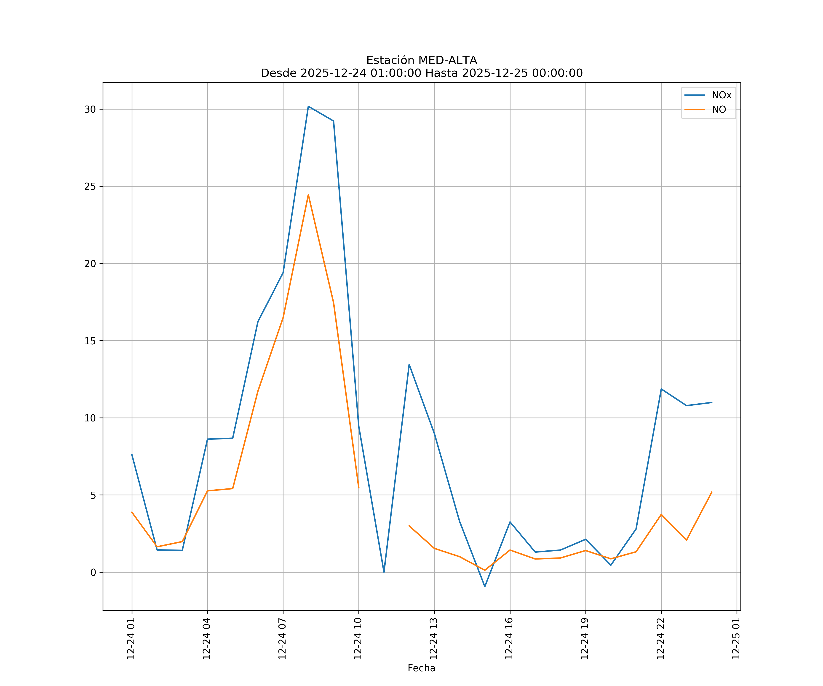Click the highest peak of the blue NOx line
(x=308, y=106)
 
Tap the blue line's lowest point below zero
(x=485, y=587)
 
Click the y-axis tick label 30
(x=90, y=109)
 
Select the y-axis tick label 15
(x=90, y=341)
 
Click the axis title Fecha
(x=421, y=668)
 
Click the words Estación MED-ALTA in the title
(x=421, y=60)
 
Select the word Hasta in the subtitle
(x=442, y=73)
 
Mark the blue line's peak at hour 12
(x=409, y=364)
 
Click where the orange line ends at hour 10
(x=359, y=488)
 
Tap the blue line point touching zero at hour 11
(x=384, y=572)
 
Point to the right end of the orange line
(x=712, y=492)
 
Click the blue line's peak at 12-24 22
(x=661, y=389)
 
